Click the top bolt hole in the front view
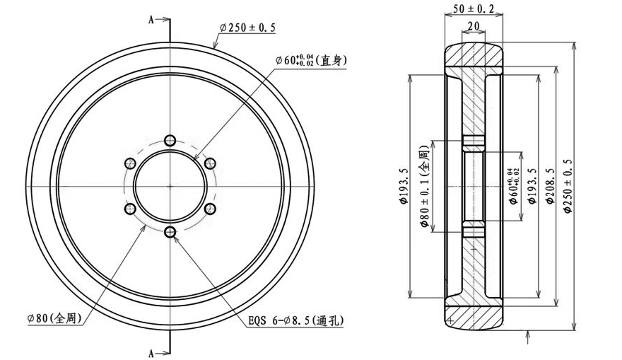click(x=170, y=139)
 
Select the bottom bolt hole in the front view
click(x=170, y=231)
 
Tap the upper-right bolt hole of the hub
click(x=209, y=163)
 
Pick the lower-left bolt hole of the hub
click(x=130, y=209)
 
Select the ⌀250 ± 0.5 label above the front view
click(x=247, y=27)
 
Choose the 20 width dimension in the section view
click(x=474, y=27)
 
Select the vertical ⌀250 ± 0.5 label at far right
click(x=568, y=185)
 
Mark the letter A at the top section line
click(x=151, y=21)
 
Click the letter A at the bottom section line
click(x=151, y=352)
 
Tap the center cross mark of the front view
click(x=170, y=185)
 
